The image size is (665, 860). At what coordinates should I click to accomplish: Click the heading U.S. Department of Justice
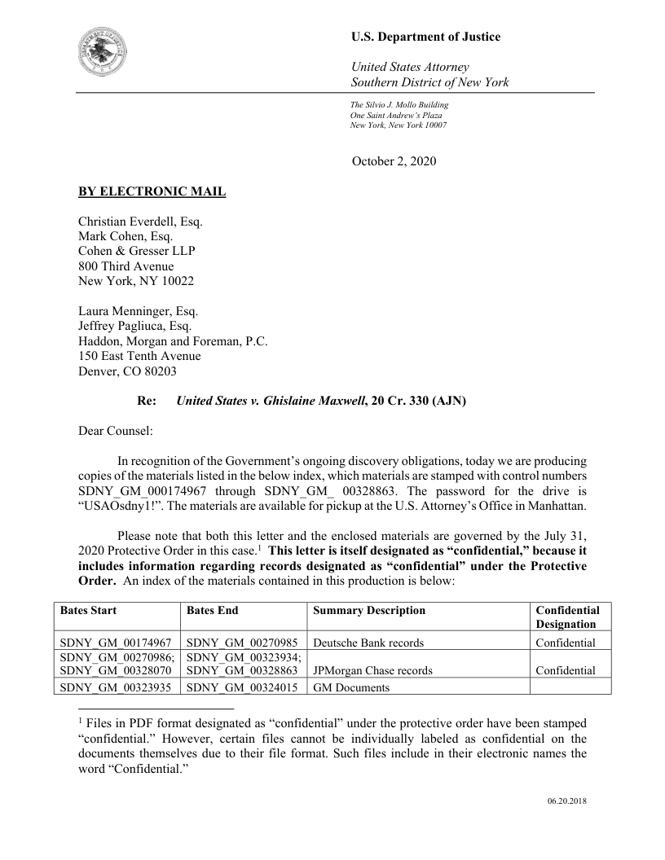tap(425, 37)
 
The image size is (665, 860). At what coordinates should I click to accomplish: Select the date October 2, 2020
tap(394, 161)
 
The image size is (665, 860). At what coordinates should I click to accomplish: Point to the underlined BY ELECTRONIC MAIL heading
tap(152, 192)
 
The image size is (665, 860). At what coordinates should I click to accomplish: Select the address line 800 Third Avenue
tap(126, 265)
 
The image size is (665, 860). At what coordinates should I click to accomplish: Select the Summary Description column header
tap(368, 610)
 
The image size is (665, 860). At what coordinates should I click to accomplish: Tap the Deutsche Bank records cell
tap(368, 643)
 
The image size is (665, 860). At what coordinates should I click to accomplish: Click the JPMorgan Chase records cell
tap(372, 671)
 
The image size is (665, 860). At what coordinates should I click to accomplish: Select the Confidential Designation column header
tap(567, 617)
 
